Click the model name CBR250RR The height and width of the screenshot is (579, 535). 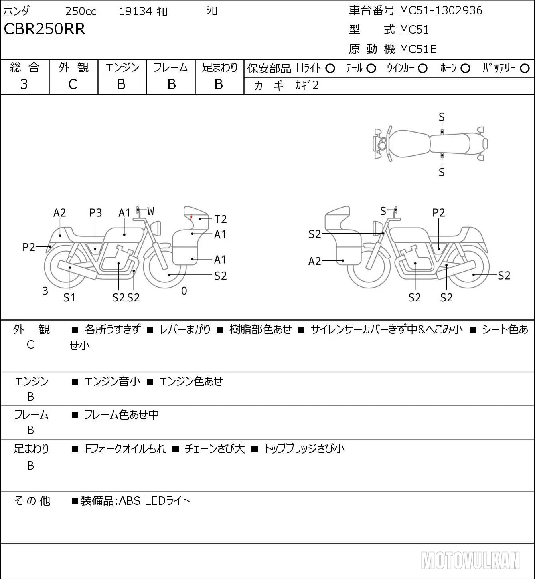(44, 29)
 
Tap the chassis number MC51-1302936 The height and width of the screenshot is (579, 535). (441, 11)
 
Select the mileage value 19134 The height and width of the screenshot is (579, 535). (136, 11)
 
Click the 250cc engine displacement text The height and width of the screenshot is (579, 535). (81, 11)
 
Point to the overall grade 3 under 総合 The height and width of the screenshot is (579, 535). (24, 84)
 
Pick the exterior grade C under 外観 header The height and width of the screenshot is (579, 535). (73, 85)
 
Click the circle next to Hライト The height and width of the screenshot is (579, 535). (330, 69)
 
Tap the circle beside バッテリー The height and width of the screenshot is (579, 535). (525, 69)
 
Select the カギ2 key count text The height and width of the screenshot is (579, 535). (307, 85)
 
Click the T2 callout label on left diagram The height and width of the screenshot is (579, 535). (220, 219)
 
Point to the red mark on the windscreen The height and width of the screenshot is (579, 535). (191, 218)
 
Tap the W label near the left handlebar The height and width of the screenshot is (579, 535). (150, 211)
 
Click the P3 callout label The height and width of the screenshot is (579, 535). (95, 213)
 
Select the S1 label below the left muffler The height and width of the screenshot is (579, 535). (69, 297)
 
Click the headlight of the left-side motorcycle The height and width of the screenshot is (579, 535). (158, 228)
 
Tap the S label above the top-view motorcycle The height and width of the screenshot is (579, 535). (442, 117)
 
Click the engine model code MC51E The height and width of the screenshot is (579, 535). (418, 49)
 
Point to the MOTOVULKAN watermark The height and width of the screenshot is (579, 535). (470, 560)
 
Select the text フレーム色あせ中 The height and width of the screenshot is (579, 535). (121, 414)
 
